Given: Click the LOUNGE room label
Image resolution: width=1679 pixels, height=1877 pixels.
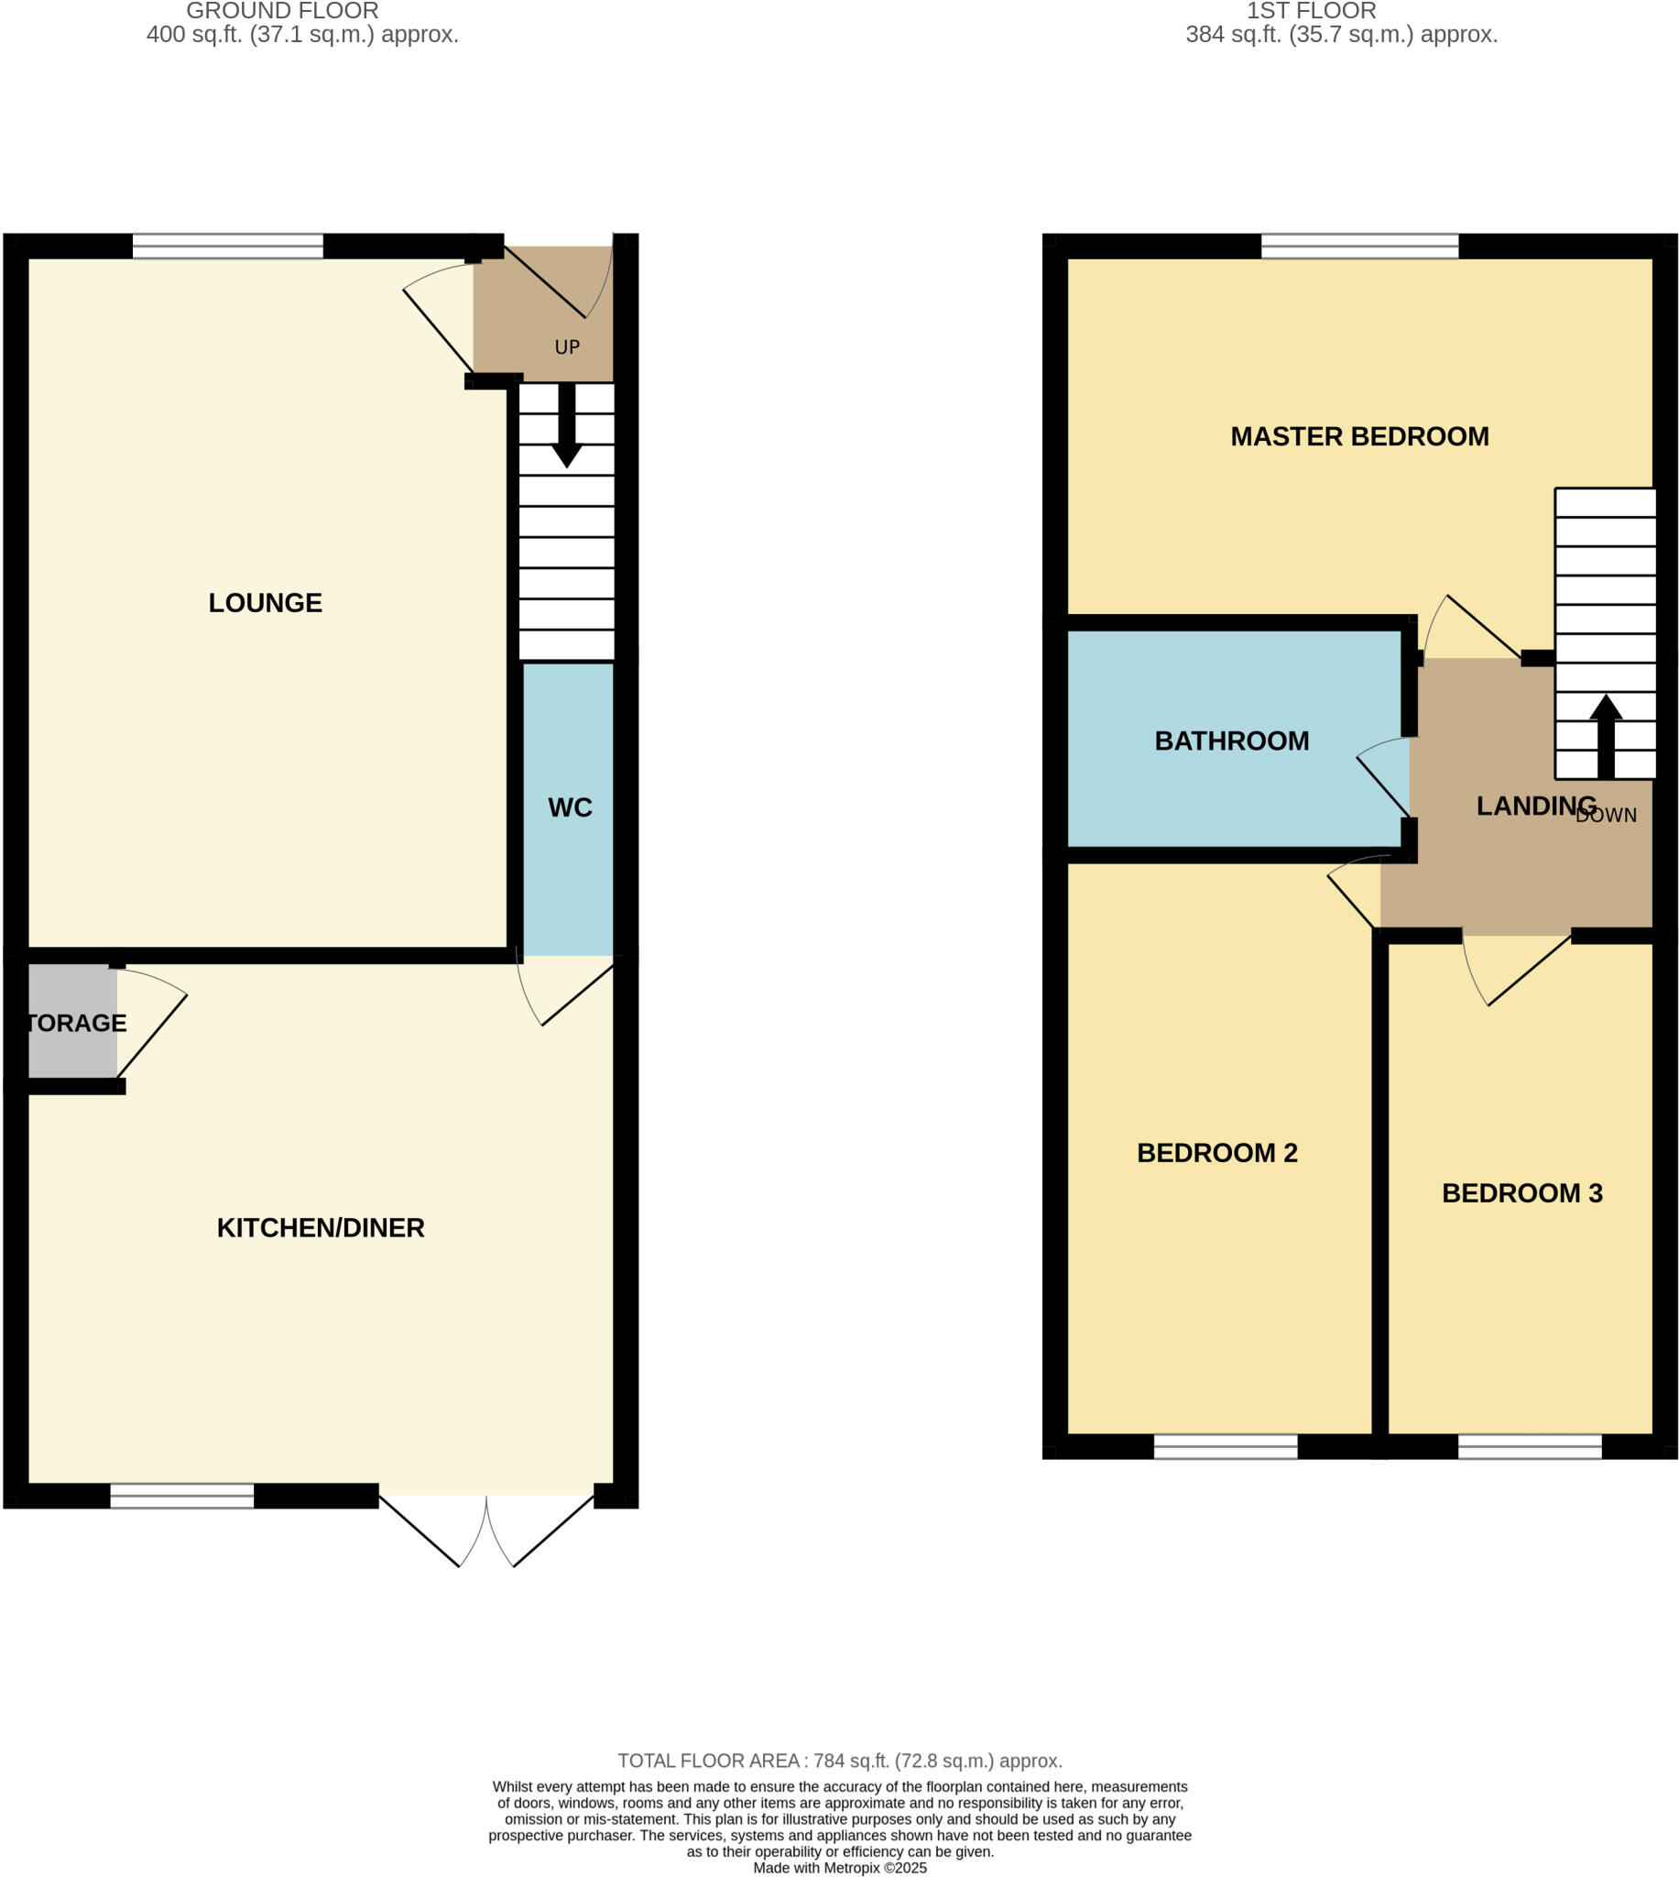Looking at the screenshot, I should click(x=265, y=602).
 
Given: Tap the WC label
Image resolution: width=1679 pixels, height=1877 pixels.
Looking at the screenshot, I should click(x=569, y=807).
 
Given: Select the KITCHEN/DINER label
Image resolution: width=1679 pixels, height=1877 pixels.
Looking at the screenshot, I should click(x=320, y=1227).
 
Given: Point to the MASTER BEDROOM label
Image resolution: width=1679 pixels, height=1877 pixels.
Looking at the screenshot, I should click(x=1359, y=436).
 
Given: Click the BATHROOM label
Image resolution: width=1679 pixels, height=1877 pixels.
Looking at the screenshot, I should click(x=1232, y=741).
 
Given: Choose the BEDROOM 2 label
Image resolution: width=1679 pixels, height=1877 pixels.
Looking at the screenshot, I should click(x=1216, y=1153).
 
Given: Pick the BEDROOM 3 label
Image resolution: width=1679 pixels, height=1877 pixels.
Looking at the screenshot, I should click(x=1521, y=1193).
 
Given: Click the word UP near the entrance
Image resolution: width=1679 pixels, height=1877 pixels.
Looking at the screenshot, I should click(x=566, y=347).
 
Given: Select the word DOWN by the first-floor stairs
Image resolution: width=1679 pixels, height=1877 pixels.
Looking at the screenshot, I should click(x=1606, y=816).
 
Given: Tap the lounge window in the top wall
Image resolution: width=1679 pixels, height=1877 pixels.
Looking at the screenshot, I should click(x=228, y=247).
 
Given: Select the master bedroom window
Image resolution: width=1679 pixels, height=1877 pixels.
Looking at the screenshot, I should click(x=1359, y=247).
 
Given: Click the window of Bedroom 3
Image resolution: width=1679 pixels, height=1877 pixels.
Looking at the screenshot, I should click(x=1529, y=1446).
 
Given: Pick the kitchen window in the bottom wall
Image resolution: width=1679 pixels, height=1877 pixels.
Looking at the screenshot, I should click(x=181, y=1495).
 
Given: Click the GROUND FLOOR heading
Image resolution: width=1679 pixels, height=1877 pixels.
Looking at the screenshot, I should click(x=282, y=11).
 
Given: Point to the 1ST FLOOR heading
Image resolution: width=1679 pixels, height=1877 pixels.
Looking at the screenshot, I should click(x=1311, y=11).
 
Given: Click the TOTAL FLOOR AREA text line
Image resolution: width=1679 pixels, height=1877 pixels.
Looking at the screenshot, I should click(x=839, y=1760).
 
